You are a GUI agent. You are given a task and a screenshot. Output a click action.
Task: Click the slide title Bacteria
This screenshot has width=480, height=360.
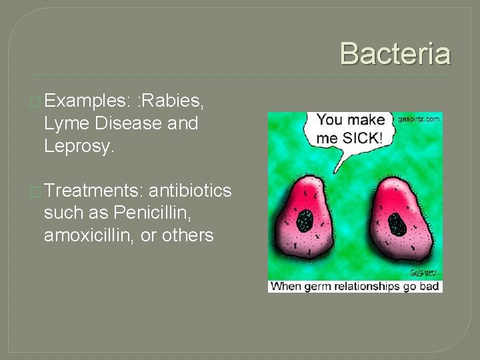click(395, 53)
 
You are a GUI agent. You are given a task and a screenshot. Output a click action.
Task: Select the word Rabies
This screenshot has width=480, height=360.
click(172, 101)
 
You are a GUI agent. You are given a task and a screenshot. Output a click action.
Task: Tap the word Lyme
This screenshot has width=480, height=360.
click(67, 124)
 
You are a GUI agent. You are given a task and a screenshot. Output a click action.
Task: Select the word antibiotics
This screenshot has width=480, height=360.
click(190, 191)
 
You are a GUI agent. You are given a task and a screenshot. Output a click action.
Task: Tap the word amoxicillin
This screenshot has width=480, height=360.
click(91, 236)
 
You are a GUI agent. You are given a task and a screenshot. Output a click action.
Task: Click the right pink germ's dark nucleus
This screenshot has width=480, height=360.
click(397, 224)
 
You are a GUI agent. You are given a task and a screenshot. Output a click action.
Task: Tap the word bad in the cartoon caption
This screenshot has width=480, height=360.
click(429, 287)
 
